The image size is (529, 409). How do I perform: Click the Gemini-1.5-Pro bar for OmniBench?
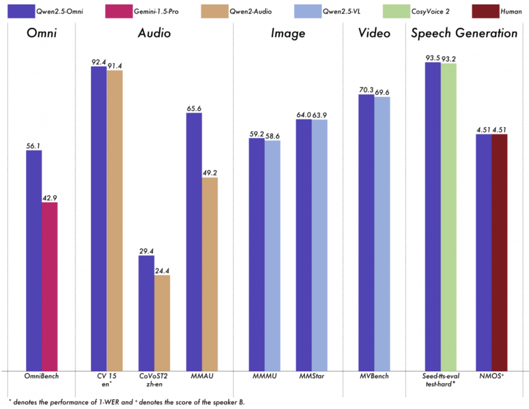[x=49, y=286]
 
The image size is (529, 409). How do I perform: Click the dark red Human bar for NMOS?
[x=499, y=252]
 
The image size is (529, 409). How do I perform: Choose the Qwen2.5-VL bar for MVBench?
[x=382, y=233]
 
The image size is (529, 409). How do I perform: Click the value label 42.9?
[x=49, y=197]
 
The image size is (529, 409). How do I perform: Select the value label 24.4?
[x=162, y=270]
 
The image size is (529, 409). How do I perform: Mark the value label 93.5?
[x=433, y=58]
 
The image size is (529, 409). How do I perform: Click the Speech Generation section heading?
[x=464, y=33]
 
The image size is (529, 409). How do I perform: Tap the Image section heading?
[x=289, y=33]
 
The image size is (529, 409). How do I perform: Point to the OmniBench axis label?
[x=42, y=376]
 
